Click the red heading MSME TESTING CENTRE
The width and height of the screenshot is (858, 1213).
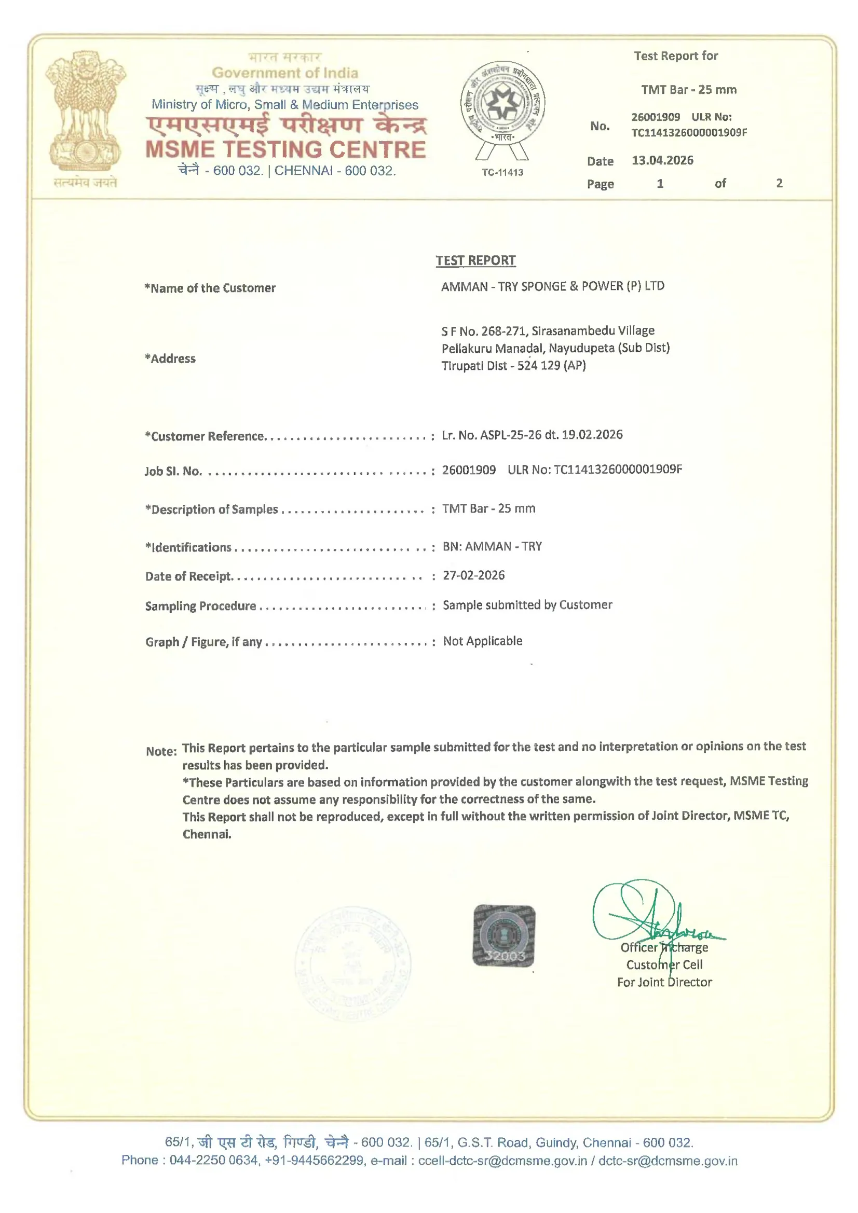tap(285, 149)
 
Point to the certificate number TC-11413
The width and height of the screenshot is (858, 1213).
tap(502, 172)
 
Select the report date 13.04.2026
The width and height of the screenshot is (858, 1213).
tap(662, 161)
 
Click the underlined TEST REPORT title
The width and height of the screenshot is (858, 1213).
tap(475, 260)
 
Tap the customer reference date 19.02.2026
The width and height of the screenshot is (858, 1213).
tap(592, 435)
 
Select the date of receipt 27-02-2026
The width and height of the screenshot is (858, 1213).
tap(474, 575)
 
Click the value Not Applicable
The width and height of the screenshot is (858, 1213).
tap(483, 641)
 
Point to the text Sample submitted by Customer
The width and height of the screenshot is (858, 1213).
tap(527, 605)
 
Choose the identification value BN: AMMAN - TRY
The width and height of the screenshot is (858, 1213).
tap(492, 546)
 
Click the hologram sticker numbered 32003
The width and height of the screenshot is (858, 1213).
tap(504, 936)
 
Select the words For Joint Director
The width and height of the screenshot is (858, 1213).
tap(664, 982)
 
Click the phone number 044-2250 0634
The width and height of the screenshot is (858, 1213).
tap(214, 1160)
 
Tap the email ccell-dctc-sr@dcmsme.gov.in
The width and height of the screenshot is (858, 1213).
tap(502, 1160)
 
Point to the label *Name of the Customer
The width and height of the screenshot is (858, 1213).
tap(210, 288)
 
